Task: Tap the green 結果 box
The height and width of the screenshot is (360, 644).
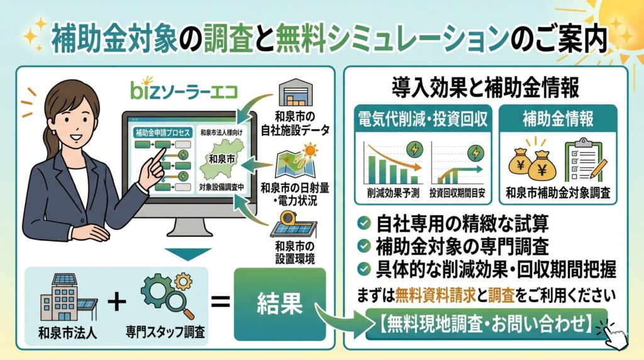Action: tap(280, 305)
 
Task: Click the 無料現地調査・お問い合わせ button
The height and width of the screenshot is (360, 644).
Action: tap(486, 324)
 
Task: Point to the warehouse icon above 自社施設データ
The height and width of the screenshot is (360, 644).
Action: tap(296, 93)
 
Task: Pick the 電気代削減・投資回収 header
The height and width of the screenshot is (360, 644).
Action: tap(423, 119)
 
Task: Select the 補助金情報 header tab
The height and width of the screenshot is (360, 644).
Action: tap(558, 118)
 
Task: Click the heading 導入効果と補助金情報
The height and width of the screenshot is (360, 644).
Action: tap(485, 87)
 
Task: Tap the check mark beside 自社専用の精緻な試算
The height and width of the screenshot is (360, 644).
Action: tap(364, 223)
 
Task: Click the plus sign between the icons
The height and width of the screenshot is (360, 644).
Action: tap(117, 303)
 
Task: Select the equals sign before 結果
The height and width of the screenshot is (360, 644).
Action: tap(220, 303)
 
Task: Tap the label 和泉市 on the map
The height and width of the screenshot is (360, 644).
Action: tap(222, 159)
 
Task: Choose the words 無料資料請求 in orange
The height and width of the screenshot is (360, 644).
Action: tap(435, 295)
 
